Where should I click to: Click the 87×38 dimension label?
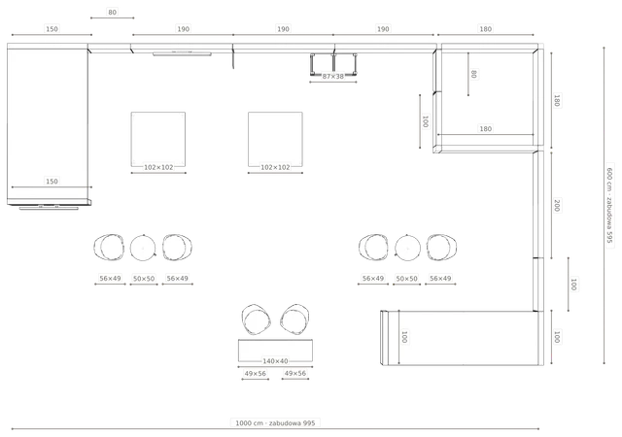(x=332, y=76)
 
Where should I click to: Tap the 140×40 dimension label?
(x=275, y=361)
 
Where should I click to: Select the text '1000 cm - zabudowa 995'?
(x=275, y=423)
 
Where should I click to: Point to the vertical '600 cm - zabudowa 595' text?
(x=609, y=205)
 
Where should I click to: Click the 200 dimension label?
(x=557, y=206)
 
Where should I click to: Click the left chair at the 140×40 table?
(x=256, y=319)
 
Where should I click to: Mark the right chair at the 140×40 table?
(x=294, y=319)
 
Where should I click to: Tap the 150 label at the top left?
(x=52, y=29)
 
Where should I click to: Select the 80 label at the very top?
(x=113, y=13)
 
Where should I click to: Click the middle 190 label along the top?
(x=283, y=29)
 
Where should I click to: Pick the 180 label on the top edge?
(x=486, y=29)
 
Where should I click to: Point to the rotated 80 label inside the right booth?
(x=473, y=74)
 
